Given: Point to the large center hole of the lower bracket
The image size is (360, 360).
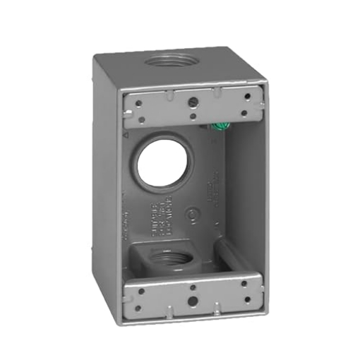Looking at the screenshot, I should pyautogui.click(x=193, y=301).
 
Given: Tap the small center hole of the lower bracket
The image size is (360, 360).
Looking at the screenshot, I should pyautogui.click(x=193, y=287).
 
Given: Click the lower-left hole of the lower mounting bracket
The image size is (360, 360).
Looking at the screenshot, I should pyautogui.click(x=143, y=306).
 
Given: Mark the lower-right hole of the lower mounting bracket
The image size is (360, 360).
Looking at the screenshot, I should pyautogui.click(x=243, y=300).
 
